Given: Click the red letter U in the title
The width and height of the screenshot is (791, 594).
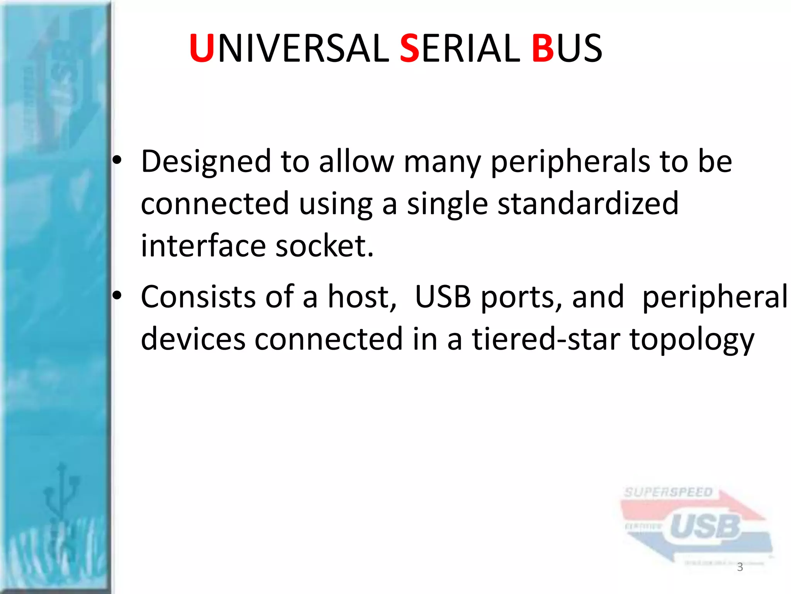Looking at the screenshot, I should pyautogui.click(x=202, y=49).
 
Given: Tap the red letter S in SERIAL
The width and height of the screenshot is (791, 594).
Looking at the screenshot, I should pyautogui.click(x=409, y=49).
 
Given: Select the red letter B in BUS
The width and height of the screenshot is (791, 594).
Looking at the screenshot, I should pyautogui.click(x=543, y=49).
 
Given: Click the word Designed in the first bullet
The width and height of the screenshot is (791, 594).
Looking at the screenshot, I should pyautogui.click(x=206, y=162).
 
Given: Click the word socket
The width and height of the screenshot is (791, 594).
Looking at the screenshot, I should pyautogui.click(x=324, y=246).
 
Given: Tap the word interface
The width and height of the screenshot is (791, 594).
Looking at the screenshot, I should pyautogui.click(x=203, y=246).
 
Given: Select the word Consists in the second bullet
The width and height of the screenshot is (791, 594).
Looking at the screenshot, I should pyautogui.click(x=198, y=297).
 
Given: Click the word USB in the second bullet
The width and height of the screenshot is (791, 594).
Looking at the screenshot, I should pyautogui.click(x=443, y=297).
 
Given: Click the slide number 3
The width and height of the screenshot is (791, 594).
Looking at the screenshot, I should pyautogui.click(x=740, y=567).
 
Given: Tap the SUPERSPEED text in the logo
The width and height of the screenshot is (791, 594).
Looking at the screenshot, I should pyautogui.click(x=668, y=492).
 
